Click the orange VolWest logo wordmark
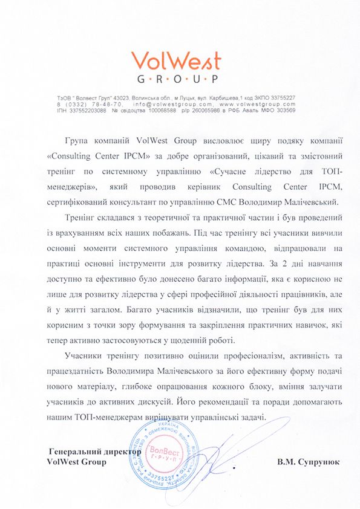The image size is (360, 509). pos(176,60)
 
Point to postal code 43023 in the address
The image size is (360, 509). pos(128,97)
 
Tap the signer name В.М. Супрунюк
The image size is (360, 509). pos(308,462)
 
